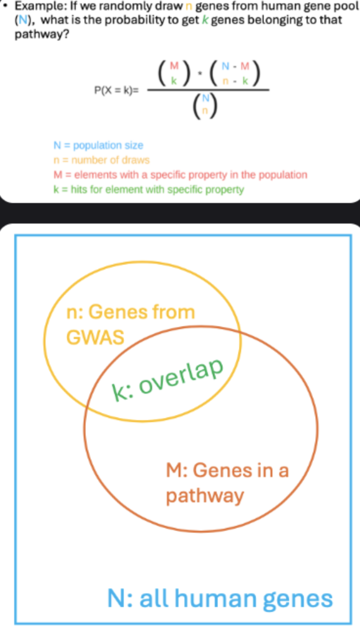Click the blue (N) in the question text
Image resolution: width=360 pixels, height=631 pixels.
pos(22,21)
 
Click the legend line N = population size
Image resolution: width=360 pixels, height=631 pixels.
pos(98,145)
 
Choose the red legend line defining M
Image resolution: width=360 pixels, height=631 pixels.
pos(180,175)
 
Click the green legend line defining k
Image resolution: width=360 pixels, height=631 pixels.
pos(149,189)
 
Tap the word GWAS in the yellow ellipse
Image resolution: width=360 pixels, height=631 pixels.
pos(95,338)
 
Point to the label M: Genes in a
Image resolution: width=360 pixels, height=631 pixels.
pos(227,470)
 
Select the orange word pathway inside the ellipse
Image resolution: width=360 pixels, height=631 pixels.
pos(204,496)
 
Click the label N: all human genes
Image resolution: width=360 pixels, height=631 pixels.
pos(220,598)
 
